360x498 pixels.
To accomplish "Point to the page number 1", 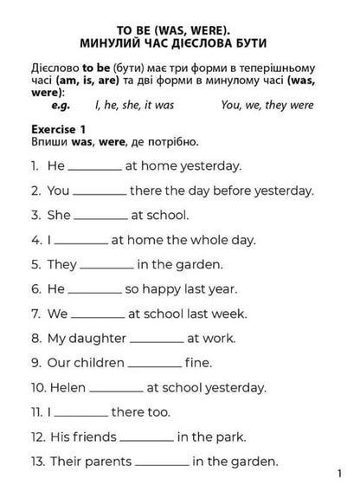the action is click(341, 475).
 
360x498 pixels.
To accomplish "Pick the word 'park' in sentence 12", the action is click(229, 437).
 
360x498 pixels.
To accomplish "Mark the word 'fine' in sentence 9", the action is click(199, 362).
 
